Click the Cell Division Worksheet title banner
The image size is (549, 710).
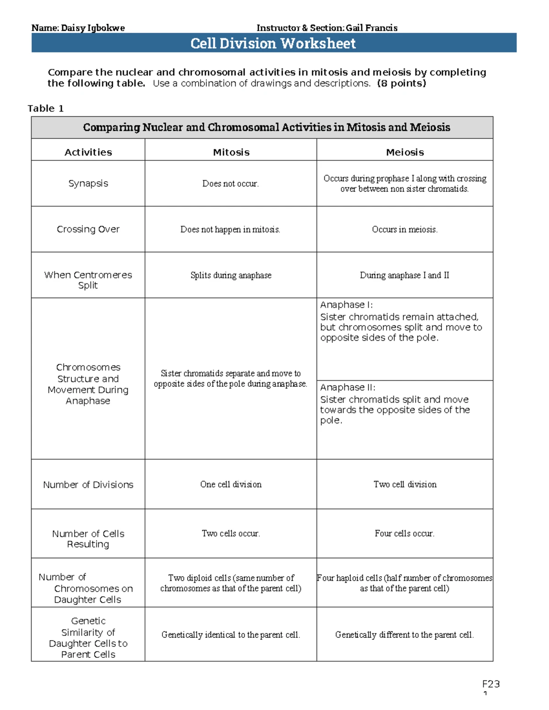(x=273, y=43)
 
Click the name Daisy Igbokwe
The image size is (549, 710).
(x=92, y=28)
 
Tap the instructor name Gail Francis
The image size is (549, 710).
(x=371, y=28)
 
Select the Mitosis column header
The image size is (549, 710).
(x=231, y=152)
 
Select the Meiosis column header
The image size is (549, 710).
(x=405, y=152)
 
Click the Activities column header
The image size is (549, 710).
(x=88, y=152)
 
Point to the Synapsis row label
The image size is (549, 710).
(x=88, y=183)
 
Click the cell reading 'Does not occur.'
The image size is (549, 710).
(x=231, y=184)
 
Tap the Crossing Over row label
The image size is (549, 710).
(x=88, y=229)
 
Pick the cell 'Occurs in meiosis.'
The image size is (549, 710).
(x=405, y=230)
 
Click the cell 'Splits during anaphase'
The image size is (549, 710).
(x=231, y=275)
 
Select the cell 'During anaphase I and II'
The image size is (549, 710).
(x=404, y=275)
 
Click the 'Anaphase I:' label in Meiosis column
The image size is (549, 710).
(x=346, y=305)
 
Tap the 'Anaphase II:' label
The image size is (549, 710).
(x=348, y=387)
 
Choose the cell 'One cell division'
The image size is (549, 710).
(x=231, y=484)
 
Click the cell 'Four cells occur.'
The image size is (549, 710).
(x=405, y=534)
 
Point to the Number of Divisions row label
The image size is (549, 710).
(x=88, y=485)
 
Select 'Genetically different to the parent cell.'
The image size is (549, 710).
(x=404, y=635)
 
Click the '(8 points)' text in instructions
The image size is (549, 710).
(x=401, y=83)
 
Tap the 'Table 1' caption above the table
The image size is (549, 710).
(x=46, y=108)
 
